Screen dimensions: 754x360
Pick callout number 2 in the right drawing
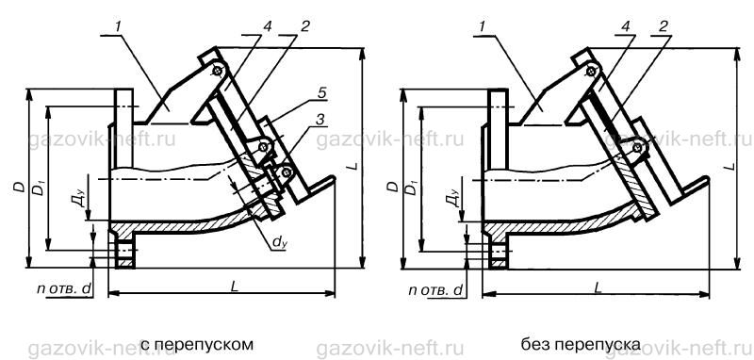[664, 26]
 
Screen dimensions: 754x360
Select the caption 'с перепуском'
[196, 345]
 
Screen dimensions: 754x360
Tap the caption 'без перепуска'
[580, 345]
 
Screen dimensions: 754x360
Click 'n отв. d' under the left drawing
[63, 289]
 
